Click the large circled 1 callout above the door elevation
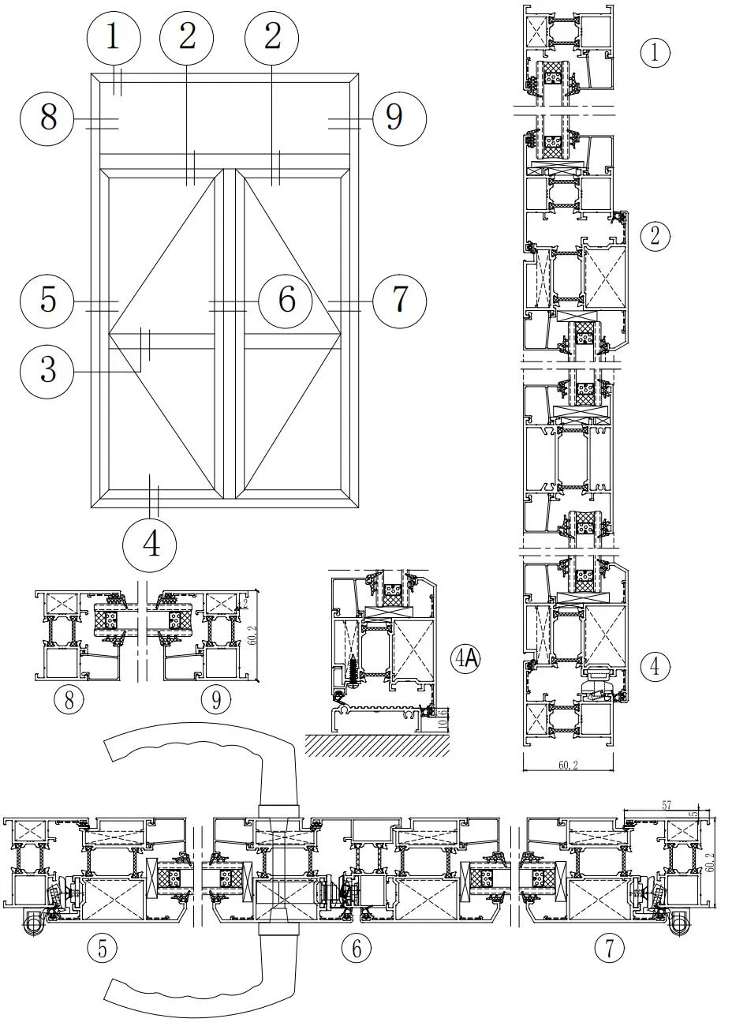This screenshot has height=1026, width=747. (114, 38)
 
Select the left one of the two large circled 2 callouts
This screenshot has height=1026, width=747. (186, 38)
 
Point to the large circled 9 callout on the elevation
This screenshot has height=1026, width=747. (394, 118)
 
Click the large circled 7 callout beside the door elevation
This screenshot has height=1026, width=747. (399, 300)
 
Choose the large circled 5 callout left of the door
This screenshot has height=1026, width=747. (48, 300)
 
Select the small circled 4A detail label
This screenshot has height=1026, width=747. (466, 658)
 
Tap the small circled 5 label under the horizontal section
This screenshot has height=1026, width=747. (102, 948)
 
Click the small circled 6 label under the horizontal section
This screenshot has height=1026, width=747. (357, 948)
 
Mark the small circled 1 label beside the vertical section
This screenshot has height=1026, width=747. (655, 53)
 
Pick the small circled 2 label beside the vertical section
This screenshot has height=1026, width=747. (655, 235)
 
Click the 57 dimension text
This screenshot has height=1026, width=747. (667, 806)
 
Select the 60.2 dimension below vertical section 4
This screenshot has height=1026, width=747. (567, 765)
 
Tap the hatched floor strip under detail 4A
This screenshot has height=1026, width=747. (377, 743)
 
